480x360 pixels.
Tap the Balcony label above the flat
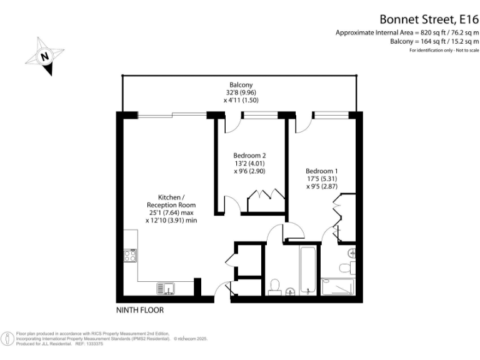pyautogui.click(x=240, y=85)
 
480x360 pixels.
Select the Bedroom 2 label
pyautogui.click(x=250, y=156)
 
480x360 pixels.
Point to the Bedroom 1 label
pyautogui.click(x=322, y=171)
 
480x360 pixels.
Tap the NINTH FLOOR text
pyautogui.click(x=140, y=309)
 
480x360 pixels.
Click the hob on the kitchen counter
pyautogui.click(x=130, y=255)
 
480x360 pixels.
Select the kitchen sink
pyautogui.click(x=166, y=288)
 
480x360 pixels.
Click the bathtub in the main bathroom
pyautogui.click(x=309, y=271)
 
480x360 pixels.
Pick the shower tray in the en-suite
pyautogui.click(x=338, y=287)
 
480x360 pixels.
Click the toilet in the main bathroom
pyautogui.click(x=273, y=286)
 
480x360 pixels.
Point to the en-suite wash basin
pyautogui.click(x=352, y=253)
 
